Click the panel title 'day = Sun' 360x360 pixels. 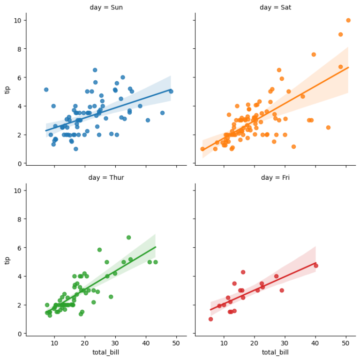(106, 8)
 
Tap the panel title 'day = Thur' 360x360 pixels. (106, 177)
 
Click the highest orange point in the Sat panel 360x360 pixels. (348, 20)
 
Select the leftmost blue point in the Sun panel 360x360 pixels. (46, 90)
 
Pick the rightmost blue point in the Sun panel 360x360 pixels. (171, 92)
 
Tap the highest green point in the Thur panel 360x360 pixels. (128, 237)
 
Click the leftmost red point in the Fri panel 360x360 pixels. (210, 319)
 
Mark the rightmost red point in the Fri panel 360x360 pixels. (316, 266)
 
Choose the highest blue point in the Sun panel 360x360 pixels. (95, 70)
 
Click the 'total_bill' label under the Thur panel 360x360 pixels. (106, 352)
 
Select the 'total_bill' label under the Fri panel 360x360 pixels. (275, 352)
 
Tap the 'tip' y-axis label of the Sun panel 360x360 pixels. (7, 89)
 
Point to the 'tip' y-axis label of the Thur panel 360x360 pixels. (7, 259)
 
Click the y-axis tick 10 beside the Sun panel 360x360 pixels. (17, 20)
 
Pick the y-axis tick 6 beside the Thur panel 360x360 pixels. (19, 247)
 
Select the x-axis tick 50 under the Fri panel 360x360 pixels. (346, 343)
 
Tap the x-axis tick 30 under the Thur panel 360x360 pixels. (115, 343)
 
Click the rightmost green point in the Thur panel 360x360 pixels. (156, 262)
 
